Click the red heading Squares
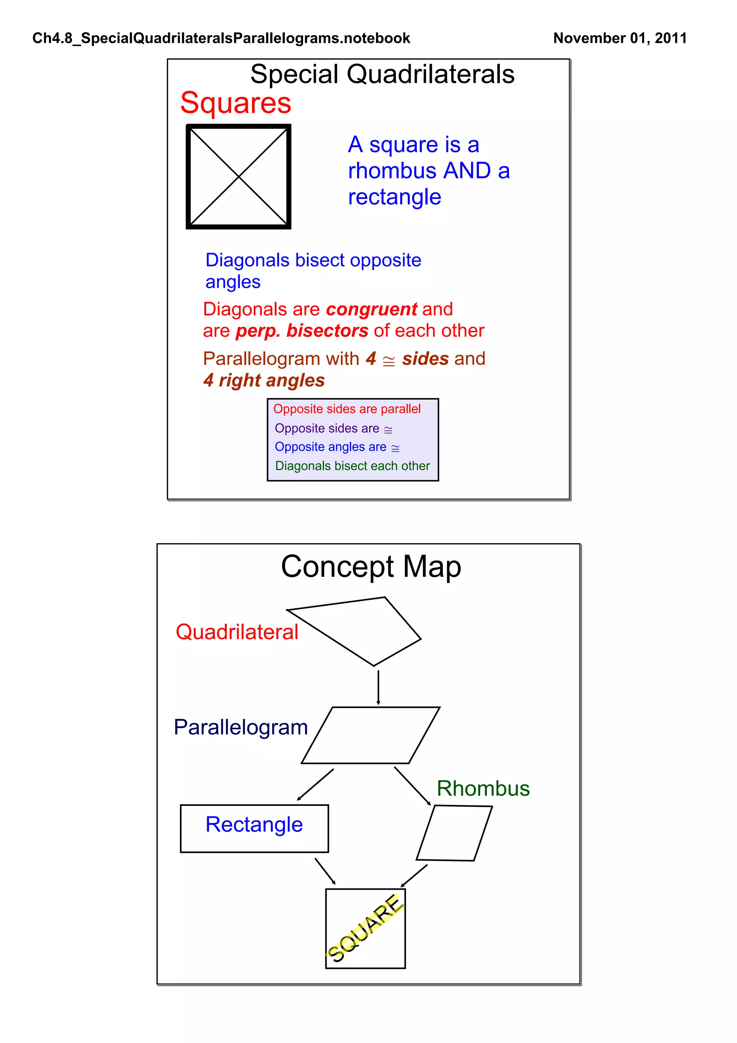coord(235,103)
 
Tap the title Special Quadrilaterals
coord(382,74)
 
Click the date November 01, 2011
coord(620,38)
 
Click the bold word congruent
coord(371,310)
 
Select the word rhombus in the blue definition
coord(392,171)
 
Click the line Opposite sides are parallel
coord(347,409)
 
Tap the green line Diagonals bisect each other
coord(352,466)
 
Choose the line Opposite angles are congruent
coord(337,447)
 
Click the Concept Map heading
coord(371,566)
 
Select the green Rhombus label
coord(483,788)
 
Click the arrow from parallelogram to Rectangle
coord(316,785)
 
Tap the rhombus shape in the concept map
coord(454,833)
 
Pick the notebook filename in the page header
coord(221,38)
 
